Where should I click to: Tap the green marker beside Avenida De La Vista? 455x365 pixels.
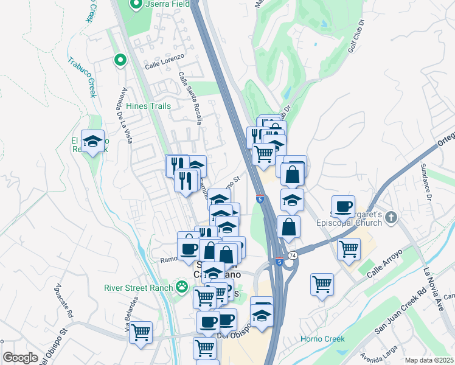coord(120,60)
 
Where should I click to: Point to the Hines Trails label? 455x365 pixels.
coord(148,106)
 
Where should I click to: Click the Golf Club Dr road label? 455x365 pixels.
coord(356,38)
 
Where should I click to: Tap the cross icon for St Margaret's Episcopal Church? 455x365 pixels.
coord(391,217)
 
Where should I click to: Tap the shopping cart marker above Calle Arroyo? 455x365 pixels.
coord(349,248)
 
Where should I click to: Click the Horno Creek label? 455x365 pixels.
coord(322,339)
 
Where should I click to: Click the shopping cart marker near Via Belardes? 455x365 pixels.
coord(141,332)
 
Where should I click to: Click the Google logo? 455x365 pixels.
coord(20,358)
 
